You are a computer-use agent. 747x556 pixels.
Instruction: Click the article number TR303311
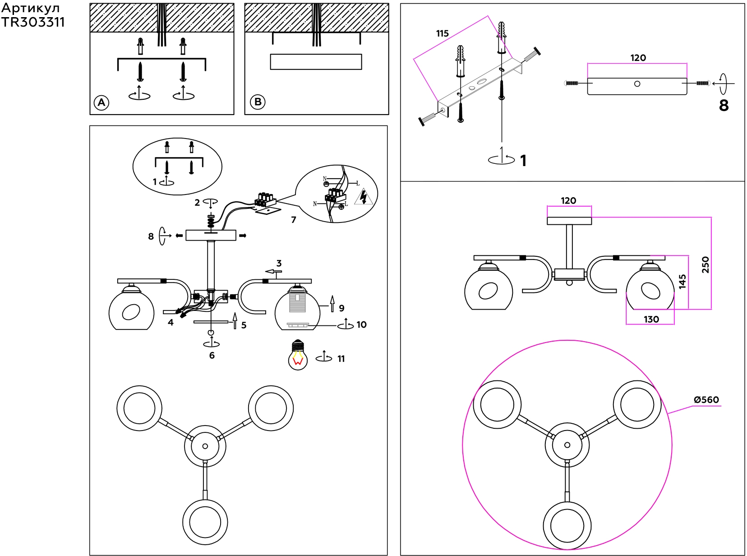click(33, 22)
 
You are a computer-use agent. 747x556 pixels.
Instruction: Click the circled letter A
click(101, 102)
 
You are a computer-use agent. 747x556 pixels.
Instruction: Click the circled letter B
click(258, 102)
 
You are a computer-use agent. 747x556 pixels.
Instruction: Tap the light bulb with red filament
click(298, 355)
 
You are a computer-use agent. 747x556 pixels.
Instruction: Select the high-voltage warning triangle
click(364, 197)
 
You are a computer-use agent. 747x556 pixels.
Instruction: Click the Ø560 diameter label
click(706, 399)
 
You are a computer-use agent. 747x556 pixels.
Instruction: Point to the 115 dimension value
click(442, 33)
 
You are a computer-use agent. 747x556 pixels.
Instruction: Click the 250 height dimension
click(705, 265)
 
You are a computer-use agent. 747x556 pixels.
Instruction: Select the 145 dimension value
click(682, 282)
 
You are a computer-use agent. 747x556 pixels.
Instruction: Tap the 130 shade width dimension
click(651, 320)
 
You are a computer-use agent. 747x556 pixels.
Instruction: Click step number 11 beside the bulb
click(341, 359)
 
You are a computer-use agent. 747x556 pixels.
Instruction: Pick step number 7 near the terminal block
click(294, 220)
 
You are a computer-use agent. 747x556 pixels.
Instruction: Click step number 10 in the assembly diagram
click(361, 324)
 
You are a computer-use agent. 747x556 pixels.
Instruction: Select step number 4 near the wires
click(171, 322)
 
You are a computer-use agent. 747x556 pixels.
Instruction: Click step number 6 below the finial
click(212, 356)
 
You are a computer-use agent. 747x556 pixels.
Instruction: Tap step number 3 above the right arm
click(279, 263)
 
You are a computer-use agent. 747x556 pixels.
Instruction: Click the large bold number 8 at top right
click(724, 105)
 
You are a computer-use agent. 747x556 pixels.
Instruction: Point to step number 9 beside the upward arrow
click(341, 308)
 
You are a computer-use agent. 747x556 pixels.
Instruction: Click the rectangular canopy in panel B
click(316, 62)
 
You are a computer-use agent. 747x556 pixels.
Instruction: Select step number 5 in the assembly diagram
click(244, 325)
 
